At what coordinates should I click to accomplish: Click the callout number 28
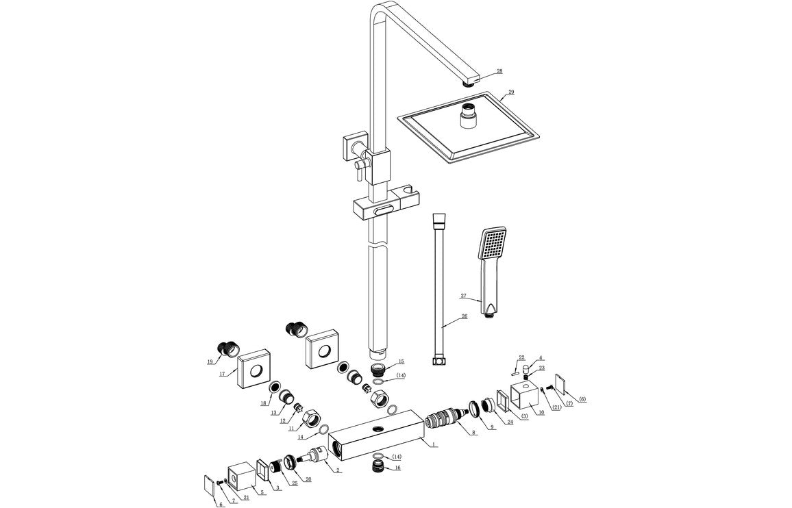tap(499, 71)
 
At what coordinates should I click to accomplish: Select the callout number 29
tap(510, 92)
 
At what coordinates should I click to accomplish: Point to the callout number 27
tap(464, 296)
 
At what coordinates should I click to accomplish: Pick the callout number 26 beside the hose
tap(464, 316)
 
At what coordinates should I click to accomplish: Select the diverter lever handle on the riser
tap(357, 172)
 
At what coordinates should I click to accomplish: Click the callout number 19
tap(210, 361)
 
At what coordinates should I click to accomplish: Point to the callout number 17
tap(223, 374)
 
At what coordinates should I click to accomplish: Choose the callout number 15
tap(401, 361)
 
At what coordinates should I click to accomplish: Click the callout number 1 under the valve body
tap(434, 445)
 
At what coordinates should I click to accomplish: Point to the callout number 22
tap(521, 357)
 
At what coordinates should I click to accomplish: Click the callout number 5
tap(262, 492)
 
